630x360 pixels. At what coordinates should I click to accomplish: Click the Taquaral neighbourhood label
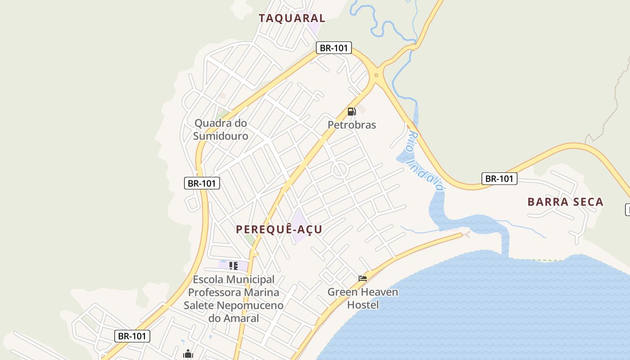[x=292, y=18]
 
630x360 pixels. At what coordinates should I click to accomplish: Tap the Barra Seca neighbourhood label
[x=565, y=202]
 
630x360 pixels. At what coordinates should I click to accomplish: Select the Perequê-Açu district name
[x=279, y=229]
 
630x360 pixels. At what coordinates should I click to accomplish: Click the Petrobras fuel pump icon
[x=351, y=111]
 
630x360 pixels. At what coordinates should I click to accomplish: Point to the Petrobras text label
[x=351, y=125]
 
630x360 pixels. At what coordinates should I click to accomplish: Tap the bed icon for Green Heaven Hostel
[x=363, y=279]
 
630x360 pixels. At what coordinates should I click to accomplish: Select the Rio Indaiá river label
[x=426, y=161]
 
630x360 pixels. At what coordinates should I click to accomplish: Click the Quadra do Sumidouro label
[x=220, y=129]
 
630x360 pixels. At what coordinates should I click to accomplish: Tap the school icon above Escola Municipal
[x=233, y=266]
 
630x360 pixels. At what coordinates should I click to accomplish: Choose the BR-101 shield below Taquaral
[x=333, y=48]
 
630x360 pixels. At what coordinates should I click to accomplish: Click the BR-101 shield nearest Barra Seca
[x=499, y=179]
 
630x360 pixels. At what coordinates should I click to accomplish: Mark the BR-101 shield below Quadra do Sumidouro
[x=202, y=183]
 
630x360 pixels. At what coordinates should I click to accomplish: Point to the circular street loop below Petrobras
[x=339, y=170]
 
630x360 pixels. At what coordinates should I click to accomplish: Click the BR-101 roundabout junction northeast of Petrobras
[x=376, y=75]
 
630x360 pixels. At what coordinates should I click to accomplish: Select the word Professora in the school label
[x=214, y=292]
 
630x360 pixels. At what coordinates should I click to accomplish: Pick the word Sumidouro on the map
[x=220, y=136]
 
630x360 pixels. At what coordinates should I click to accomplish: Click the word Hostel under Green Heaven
[x=363, y=305]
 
